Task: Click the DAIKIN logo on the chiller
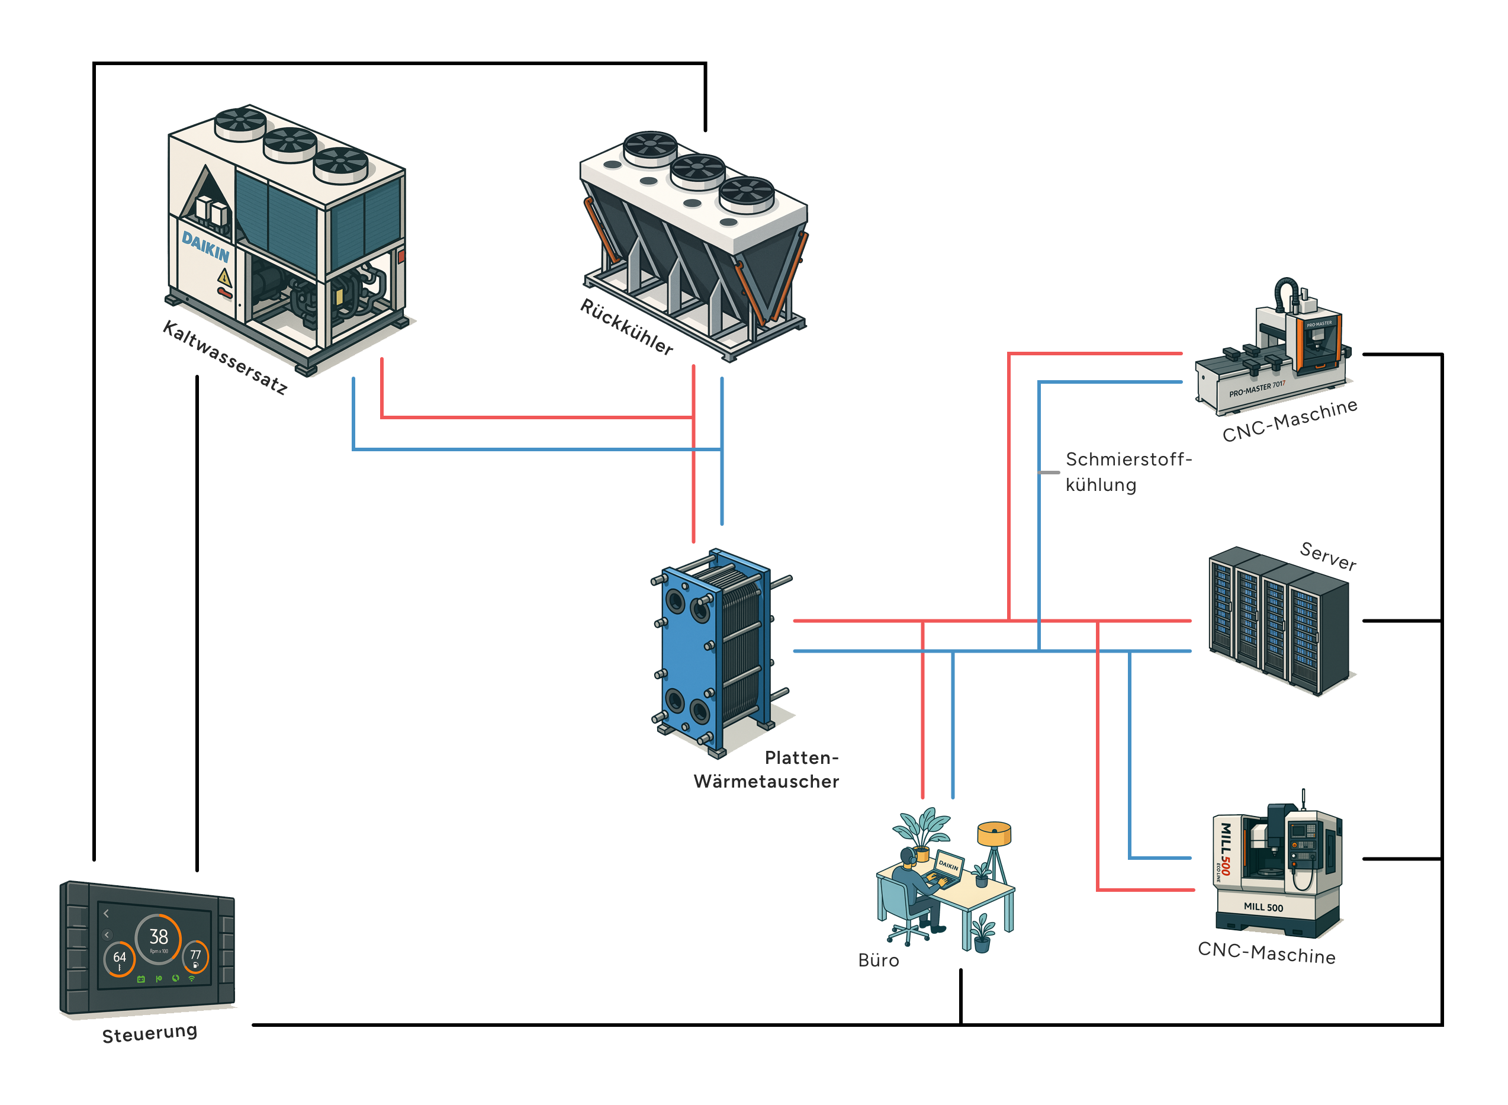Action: pos(205,246)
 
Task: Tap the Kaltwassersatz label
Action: pos(226,357)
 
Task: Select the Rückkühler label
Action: pos(626,326)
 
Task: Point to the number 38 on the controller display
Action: pos(159,936)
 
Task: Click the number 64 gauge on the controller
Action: pos(120,958)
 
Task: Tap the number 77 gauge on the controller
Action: pos(195,956)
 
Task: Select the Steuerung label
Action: pos(150,1033)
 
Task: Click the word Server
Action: pos(1327,556)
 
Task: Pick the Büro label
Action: pos(878,961)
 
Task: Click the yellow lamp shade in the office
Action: pos(993,833)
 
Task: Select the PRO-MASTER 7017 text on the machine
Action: pos(1256,388)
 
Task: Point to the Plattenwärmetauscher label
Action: pos(766,769)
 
